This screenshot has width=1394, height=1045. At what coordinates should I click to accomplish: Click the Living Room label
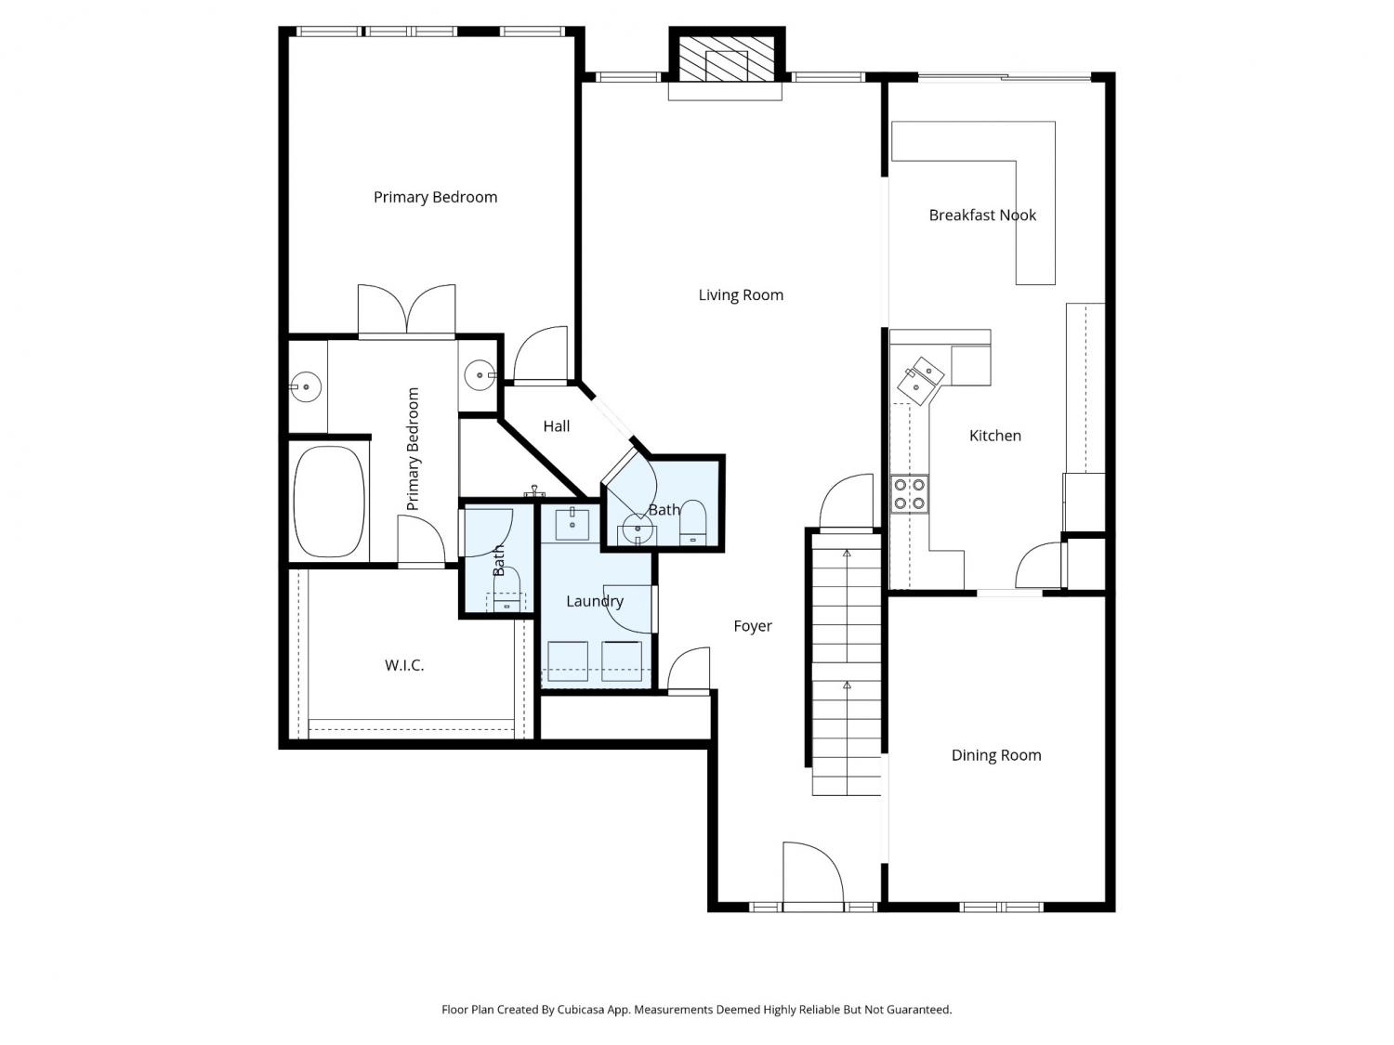[x=741, y=295]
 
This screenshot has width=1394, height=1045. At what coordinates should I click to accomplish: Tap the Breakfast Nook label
[x=981, y=216]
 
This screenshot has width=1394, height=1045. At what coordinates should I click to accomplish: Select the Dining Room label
[x=996, y=755]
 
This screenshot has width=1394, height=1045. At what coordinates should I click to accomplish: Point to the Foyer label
[x=753, y=626]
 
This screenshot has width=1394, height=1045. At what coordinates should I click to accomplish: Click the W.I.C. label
[x=404, y=665]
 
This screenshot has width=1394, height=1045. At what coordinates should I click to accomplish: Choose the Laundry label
[x=595, y=601]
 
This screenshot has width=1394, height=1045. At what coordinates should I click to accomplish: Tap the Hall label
[x=557, y=426]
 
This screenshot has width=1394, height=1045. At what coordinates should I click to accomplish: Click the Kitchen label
[x=994, y=436]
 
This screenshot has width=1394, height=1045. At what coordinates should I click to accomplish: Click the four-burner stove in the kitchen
[x=909, y=494]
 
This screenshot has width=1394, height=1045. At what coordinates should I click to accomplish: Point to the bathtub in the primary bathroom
[x=330, y=502]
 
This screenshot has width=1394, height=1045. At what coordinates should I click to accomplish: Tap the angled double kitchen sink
[x=921, y=379]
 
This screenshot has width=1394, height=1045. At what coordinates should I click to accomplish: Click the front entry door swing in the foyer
[x=813, y=876]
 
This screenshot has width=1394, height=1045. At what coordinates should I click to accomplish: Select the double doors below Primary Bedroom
[x=406, y=310]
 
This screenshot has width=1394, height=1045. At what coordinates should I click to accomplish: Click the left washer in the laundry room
[x=567, y=661]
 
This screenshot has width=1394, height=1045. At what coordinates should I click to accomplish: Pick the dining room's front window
[x=1001, y=908]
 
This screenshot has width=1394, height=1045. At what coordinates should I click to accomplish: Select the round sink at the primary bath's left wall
[x=307, y=385]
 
